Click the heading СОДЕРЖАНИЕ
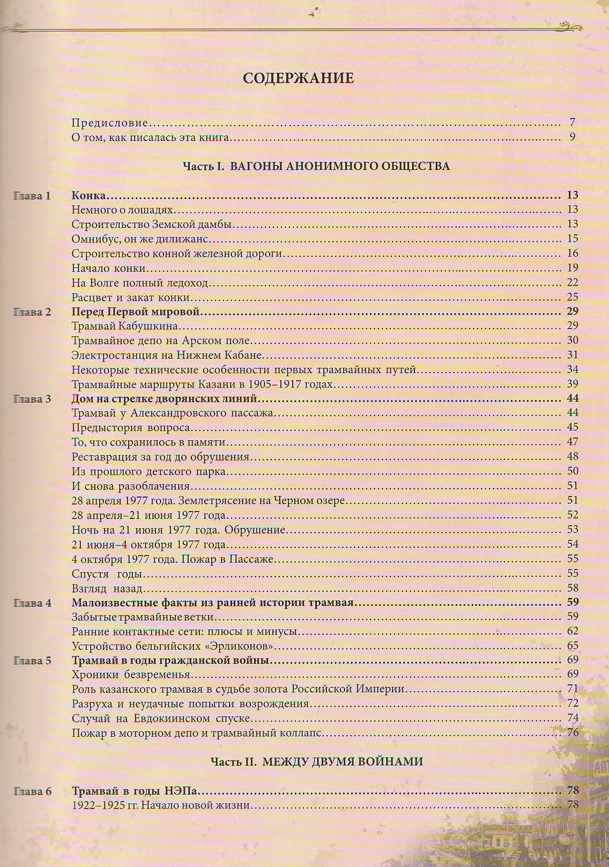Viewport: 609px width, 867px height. (x=298, y=78)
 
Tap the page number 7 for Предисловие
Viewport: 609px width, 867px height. (x=573, y=122)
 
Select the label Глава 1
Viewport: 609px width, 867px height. (x=32, y=196)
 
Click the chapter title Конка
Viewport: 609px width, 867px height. (x=88, y=195)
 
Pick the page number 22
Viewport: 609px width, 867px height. (x=572, y=282)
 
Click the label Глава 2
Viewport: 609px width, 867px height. (x=32, y=312)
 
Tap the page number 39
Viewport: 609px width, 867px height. (x=572, y=384)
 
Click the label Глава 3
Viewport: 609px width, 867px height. (x=32, y=399)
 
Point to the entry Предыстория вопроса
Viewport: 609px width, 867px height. (x=131, y=428)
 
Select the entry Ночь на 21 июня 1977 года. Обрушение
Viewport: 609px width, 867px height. (x=178, y=530)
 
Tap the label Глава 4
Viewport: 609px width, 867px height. (x=32, y=603)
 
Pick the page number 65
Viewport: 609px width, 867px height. (x=572, y=646)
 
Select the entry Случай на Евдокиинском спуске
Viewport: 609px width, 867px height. (x=161, y=718)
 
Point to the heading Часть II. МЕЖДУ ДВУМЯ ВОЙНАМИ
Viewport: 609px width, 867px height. (x=316, y=761)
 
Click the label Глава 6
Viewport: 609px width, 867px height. (x=32, y=791)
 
